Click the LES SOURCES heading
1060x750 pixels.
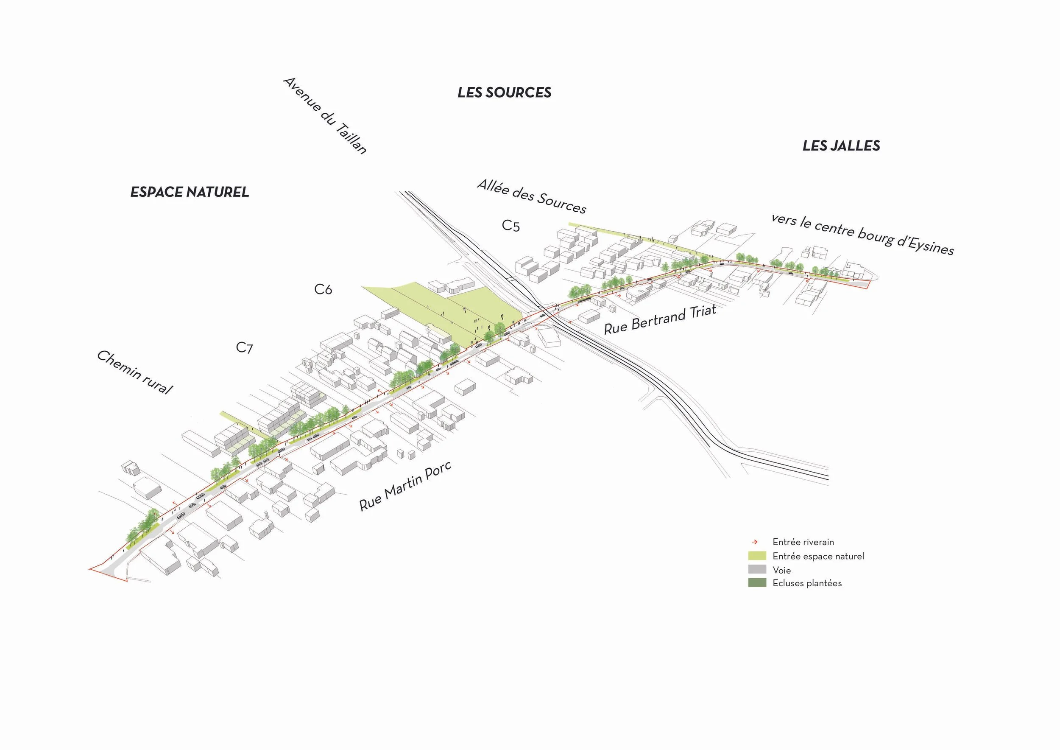(x=504, y=93)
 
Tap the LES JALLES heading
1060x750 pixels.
(x=841, y=146)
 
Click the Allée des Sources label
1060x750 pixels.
(x=531, y=197)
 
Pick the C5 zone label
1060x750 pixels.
(x=510, y=226)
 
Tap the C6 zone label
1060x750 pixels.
(x=323, y=290)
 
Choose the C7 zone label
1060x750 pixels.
(x=244, y=347)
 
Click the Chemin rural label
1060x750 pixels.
(x=134, y=372)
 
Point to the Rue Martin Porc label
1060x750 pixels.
(x=405, y=486)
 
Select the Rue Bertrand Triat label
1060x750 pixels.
(x=660, y=319)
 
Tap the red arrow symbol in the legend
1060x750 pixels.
(x=755, y=542)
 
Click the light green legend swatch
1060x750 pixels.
(x=757, y=556)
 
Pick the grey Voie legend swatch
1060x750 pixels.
(x=757, y=569)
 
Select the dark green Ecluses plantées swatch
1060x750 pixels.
(x=757, y=583)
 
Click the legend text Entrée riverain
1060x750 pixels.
(x=803, y=542)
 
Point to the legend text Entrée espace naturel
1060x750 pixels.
(x=818, y=556)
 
